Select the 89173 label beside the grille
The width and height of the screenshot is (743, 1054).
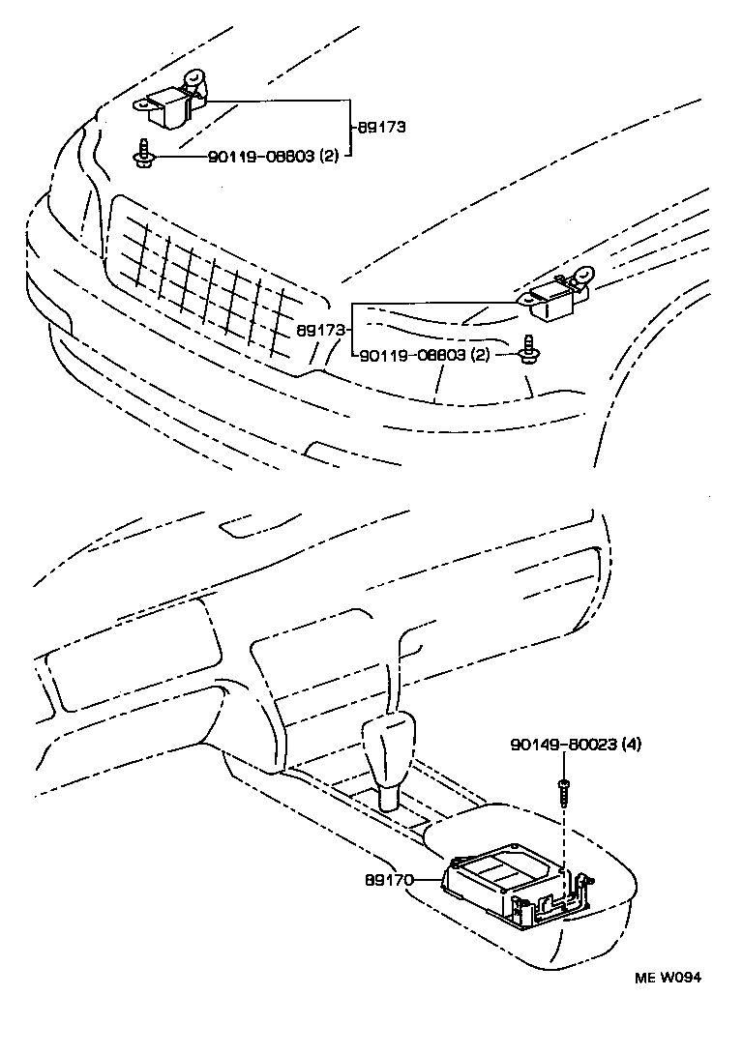click(x=319, y=330)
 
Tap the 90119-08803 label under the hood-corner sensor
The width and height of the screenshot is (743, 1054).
click(x=260, y=157)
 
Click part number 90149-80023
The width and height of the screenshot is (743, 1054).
click(x=563, y=745)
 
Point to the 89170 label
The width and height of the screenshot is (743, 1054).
click(x=390, y=881)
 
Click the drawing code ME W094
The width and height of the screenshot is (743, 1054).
click(x=668, y=977)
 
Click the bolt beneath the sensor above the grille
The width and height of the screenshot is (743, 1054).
click(x=144, y=152)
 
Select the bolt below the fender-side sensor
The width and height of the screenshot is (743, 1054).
click(x=528, y=349)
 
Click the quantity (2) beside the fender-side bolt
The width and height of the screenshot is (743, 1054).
click(x=480, y=356)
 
